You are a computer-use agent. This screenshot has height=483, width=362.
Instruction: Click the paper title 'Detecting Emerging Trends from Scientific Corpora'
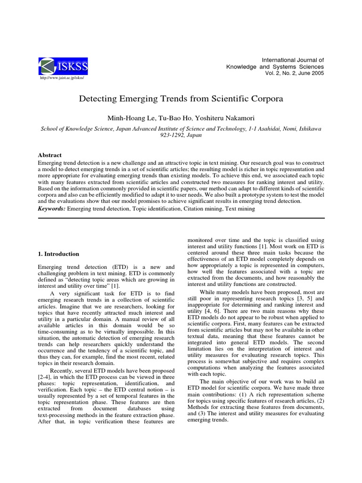point(181,100)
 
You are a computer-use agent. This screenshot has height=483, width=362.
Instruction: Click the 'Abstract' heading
point(49,155)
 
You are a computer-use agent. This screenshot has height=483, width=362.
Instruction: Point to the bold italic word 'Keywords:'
point(52,208)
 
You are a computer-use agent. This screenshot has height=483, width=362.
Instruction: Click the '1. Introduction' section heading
point(58,254)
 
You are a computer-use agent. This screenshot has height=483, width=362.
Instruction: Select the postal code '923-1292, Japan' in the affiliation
point(181,135)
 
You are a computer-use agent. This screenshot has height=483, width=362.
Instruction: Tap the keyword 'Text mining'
point(240,208)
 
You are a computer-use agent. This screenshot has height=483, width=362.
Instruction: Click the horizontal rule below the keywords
point(181,218)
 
